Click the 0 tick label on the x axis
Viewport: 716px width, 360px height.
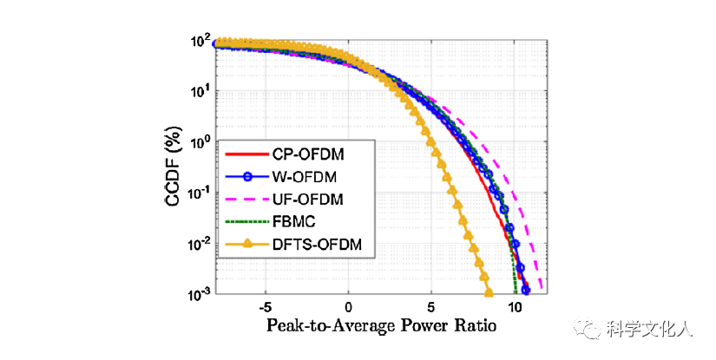click(348, 308)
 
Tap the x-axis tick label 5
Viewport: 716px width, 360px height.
click(430, 308)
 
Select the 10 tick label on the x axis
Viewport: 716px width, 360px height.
click(514, 308)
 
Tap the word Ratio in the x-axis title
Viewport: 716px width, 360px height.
click(473, 327)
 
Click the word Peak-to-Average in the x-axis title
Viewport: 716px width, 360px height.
click(323, 327)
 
